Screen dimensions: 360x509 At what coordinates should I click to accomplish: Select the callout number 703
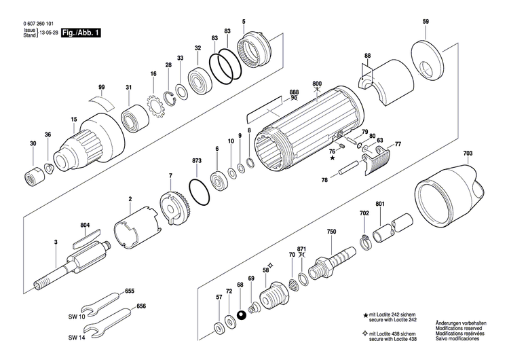click(468, 154)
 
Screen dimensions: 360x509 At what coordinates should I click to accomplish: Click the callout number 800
click(317, 84)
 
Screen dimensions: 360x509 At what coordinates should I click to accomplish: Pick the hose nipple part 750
click(332, 261)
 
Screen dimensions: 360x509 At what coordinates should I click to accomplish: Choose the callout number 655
click(130, 291)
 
